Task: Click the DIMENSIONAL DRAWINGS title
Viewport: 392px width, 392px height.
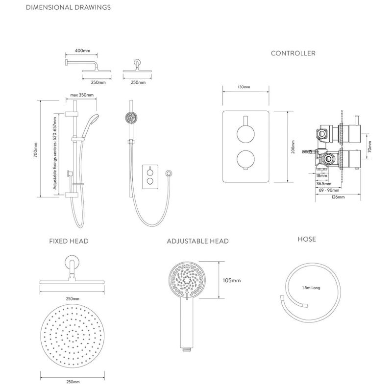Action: click(68, 7)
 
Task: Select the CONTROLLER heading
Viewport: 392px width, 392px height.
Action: click(293, 53)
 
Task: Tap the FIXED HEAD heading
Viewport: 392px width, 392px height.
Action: click(69, 241)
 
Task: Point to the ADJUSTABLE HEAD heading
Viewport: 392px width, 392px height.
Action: click(197, 241)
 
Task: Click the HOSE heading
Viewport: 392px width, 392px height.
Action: click(307, 239)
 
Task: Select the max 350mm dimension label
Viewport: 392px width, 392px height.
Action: click(82, 95)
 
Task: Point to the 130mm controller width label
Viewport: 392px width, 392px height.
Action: click(244, 87)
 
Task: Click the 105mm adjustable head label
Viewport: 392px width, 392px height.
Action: click(232, 281)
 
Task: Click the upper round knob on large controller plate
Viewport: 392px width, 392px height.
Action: click(245, 134)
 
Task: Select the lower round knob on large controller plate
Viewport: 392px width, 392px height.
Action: click(245, 160)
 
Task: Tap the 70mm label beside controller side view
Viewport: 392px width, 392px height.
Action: click(369, 146)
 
